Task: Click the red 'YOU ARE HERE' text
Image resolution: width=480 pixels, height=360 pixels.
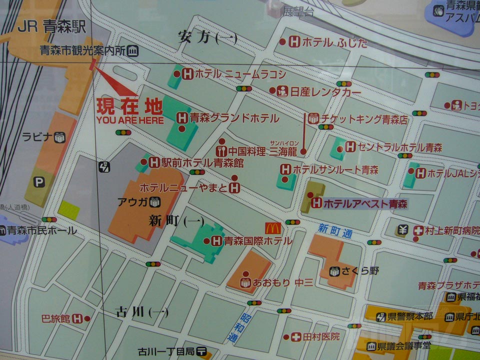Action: [x=129, y=120]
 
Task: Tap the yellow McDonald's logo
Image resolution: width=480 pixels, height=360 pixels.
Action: [x=273, y=228]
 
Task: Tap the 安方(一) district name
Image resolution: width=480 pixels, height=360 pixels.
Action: [x=207, y=37]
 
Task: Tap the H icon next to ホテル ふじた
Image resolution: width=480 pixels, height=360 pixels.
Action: [x=294, y=42]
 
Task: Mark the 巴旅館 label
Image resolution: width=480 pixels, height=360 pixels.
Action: [x=56, y=318]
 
